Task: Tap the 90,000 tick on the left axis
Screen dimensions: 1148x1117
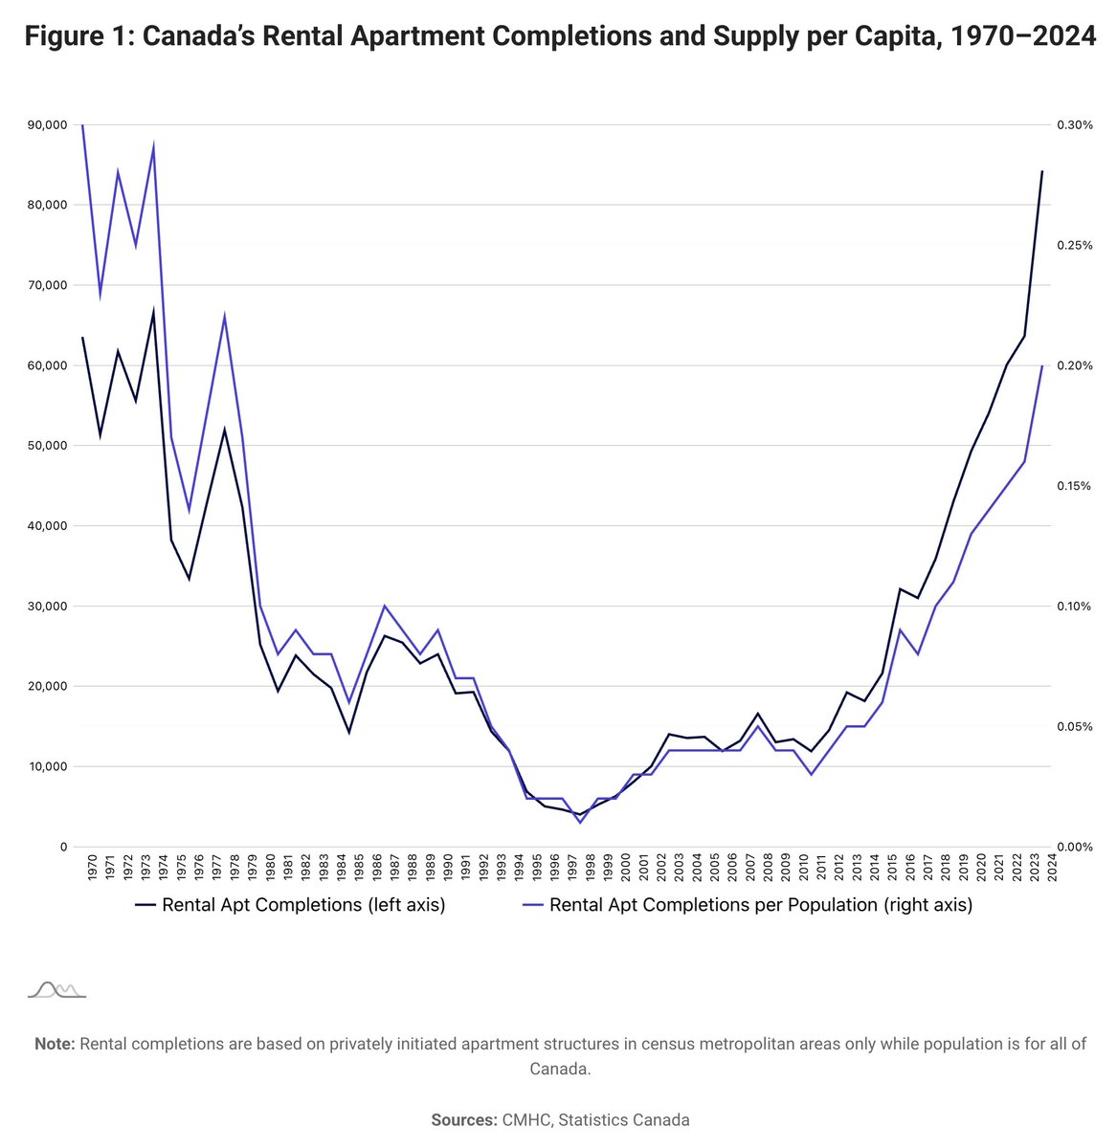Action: pyautogui.click(x=48, y=124)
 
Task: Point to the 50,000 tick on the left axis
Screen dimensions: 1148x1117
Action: pyautogui.click(x=48, y=446)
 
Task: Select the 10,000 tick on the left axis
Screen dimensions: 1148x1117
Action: pyautogui.click(x=48, y=766)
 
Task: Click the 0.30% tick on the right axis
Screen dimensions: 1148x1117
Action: pyautogui.click(x=1074, y=124)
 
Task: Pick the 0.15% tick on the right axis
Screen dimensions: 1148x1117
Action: pyautogui.click(x=1074, y=486)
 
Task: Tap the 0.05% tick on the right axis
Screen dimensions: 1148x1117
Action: pyautogui.click(x=1074, y=726)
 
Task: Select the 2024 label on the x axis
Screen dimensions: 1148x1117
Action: pyautogui.click(x=1052, y=867)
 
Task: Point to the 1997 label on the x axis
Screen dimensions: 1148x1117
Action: pyautogui.click(x=571, y=867)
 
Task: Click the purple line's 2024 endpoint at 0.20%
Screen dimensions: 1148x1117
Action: pyautogui.click(x=1042, y=365)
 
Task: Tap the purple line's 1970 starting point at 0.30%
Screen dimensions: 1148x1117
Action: pyautogui.click(x=82, y=125)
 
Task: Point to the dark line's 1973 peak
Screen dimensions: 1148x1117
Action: pyautogui.click(x=153, y=311)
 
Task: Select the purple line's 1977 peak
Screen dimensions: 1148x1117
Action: pyautogui.click(x=224, y=316)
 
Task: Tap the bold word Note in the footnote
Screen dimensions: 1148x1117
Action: pyautogui.click(x=55, y=1044)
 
